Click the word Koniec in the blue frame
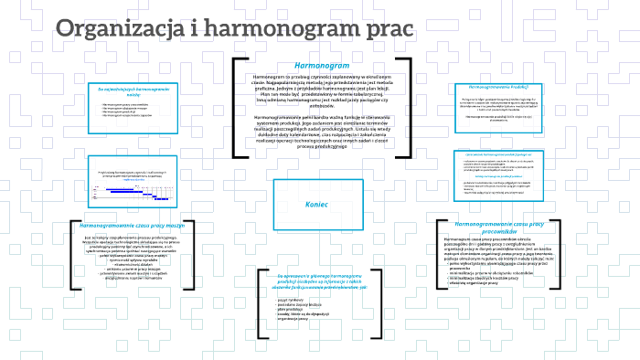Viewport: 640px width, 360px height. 316,204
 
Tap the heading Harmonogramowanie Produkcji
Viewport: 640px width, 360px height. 498,85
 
